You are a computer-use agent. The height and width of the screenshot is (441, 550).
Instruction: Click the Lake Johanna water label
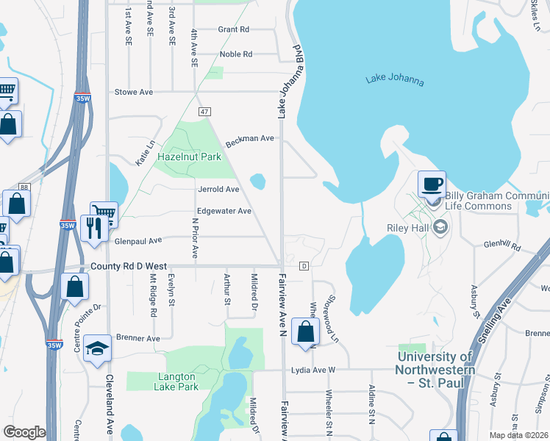pos(394,80)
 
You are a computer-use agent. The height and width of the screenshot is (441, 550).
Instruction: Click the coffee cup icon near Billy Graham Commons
pos(432,184)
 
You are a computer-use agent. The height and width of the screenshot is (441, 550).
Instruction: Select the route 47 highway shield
pos(204,111)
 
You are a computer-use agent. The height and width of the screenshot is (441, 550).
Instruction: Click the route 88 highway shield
pos(24,187)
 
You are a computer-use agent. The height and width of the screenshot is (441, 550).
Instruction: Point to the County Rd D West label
pos(129,266)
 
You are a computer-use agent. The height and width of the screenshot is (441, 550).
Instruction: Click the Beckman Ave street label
pos(250,140)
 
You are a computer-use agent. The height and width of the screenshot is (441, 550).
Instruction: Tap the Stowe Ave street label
pos(134,92)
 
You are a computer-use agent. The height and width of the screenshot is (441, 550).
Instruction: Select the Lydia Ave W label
pos(312,370)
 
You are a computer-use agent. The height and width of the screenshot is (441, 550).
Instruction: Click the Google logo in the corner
pos(24,432)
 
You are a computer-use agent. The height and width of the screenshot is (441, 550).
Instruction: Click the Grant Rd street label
pos(234,29)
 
